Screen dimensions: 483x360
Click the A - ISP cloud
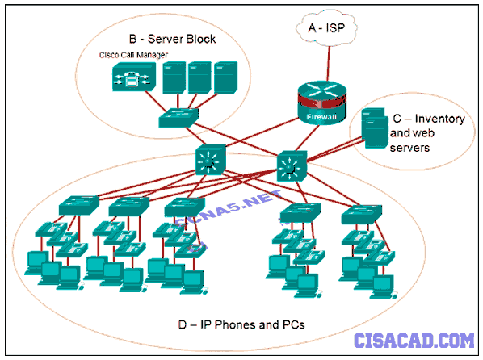(x=326, y=28)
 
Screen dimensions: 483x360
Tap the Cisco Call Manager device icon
(x=134, y=77)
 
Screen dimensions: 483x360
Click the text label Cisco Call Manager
(x=133, y=55)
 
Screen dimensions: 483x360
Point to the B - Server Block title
(x=172, y=39)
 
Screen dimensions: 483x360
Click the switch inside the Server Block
(x=178, y=117)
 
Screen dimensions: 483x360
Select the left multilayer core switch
(x=211, y=160)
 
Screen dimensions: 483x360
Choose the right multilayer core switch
(x=292, y=166)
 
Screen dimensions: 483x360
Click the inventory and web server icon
(x=375, y=128)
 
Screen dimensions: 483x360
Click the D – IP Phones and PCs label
(x=241, y=325)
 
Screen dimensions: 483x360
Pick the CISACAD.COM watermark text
(x=414, y=341)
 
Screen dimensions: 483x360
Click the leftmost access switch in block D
(x=79, y=205)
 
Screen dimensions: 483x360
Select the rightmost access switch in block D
(x=362, y=215)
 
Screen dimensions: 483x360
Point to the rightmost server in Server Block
(x=226, y=77)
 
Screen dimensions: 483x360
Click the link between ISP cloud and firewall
(x=329, y=64)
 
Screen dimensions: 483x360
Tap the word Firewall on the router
(x=321, y=117)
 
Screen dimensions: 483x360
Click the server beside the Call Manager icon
(x=174, y=77)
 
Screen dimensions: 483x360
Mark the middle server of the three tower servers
(x=200, y=77)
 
